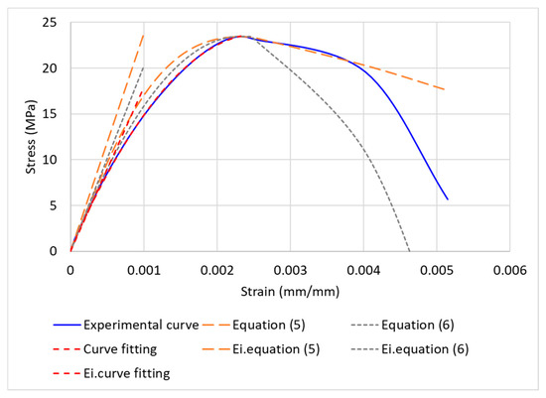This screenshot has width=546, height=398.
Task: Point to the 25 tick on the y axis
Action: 55,23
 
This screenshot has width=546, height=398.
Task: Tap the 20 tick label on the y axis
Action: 55,68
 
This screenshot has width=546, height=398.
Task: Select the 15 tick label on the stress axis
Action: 55,114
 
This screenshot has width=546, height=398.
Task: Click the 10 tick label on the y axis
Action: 55,160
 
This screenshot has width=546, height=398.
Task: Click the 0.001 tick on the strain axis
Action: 144,268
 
